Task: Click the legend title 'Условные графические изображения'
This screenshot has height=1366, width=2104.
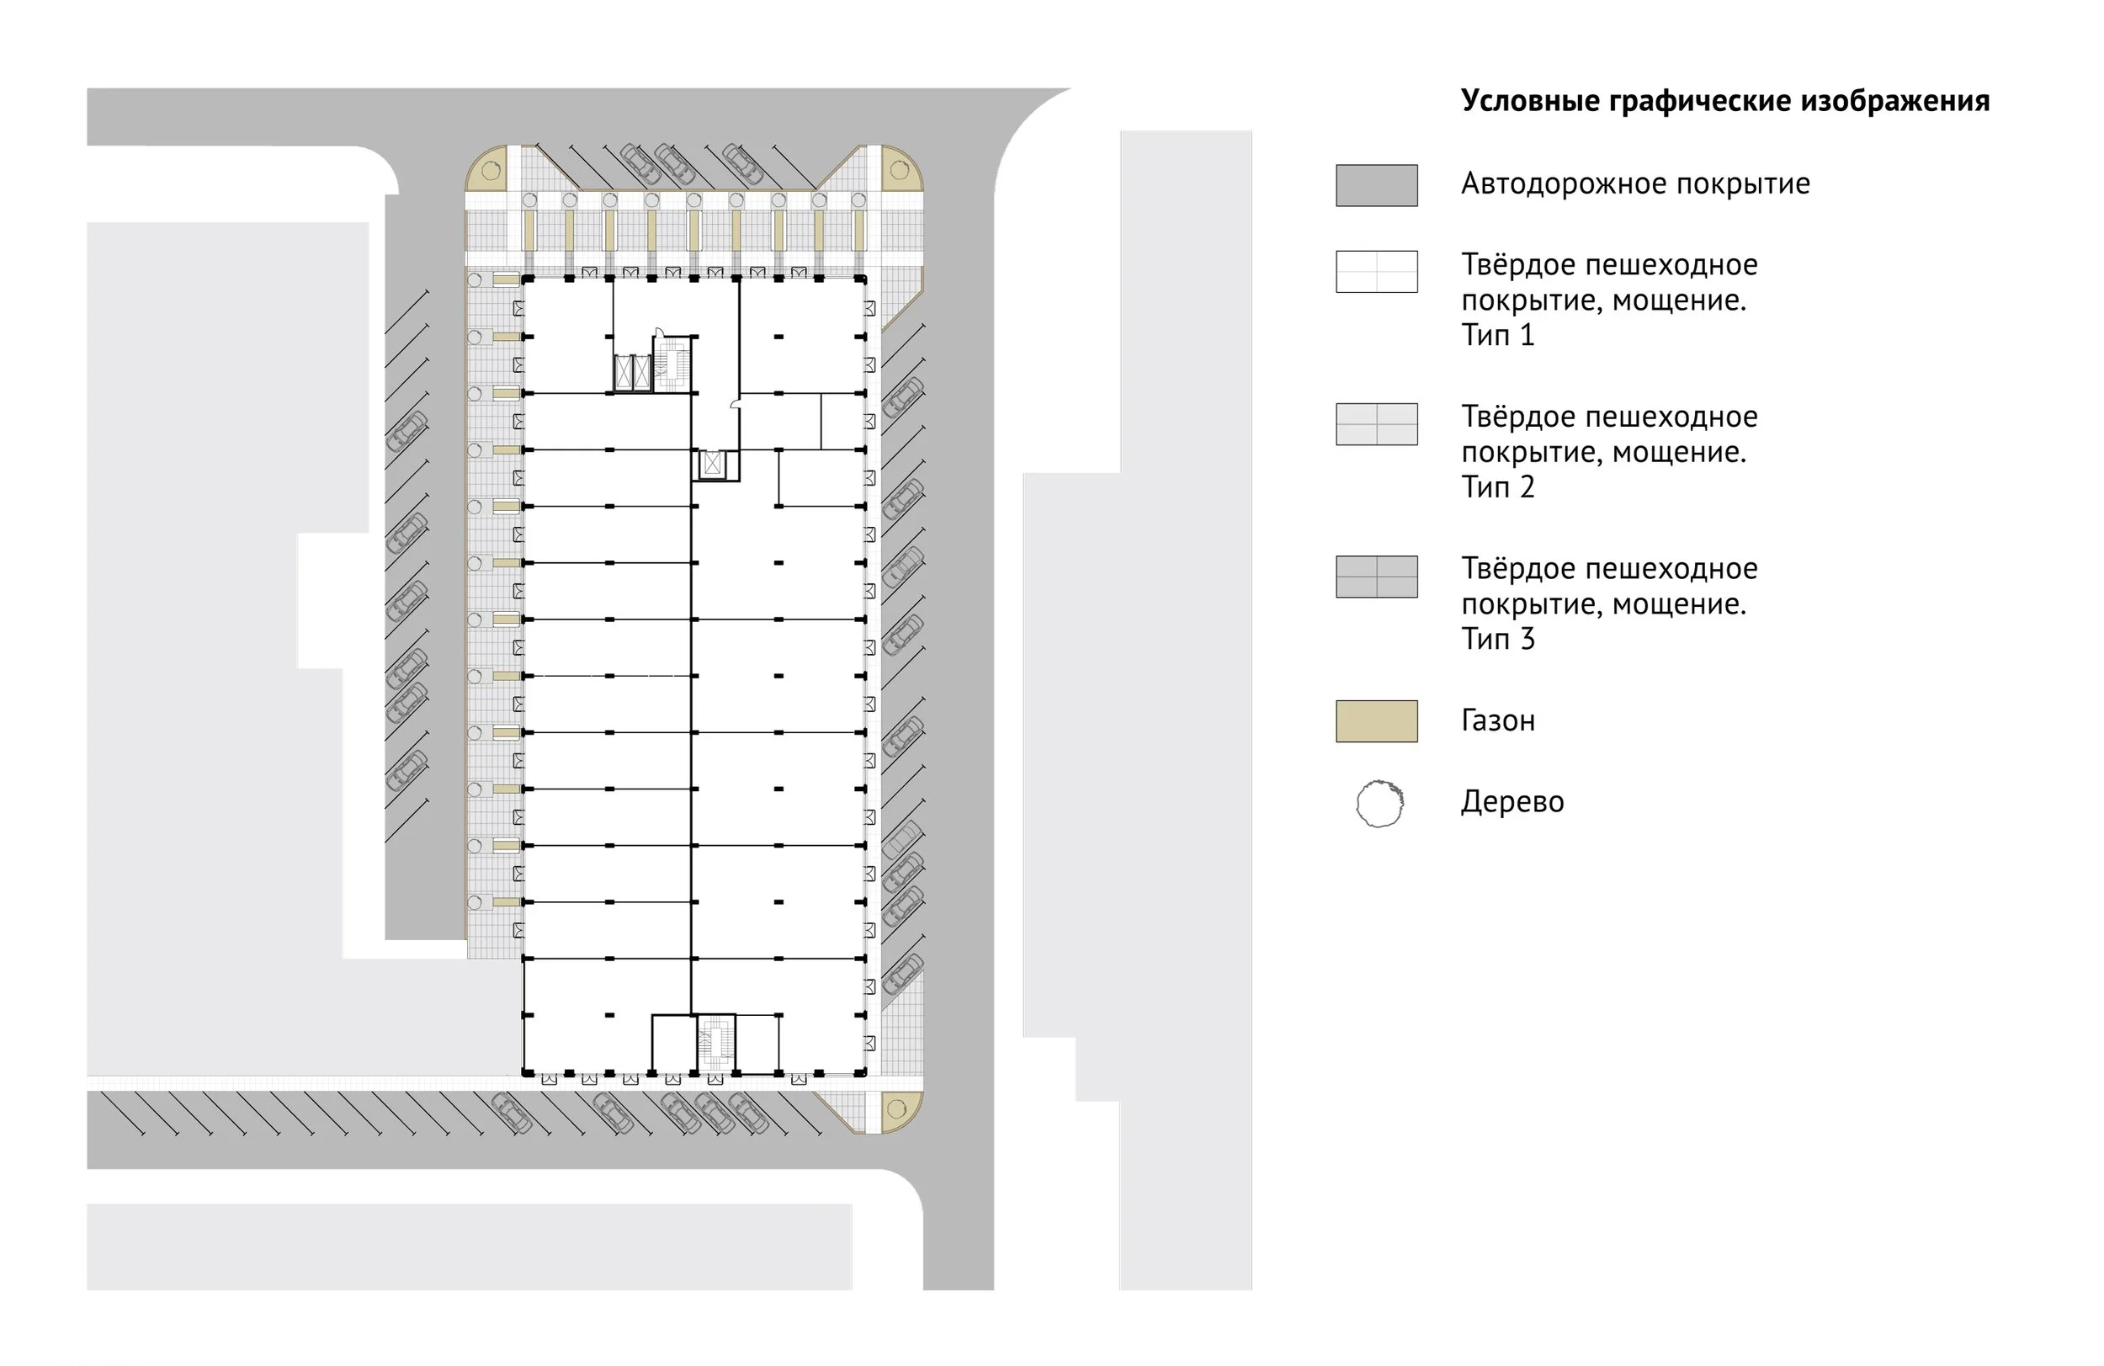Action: (1724, 101)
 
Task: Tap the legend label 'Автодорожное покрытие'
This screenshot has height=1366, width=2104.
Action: (1634, 184)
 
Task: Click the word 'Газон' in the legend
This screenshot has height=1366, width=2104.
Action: (1497, 720)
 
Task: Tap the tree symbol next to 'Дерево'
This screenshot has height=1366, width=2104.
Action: (1379, 803)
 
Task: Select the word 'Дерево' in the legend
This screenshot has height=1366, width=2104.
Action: (1512, 802)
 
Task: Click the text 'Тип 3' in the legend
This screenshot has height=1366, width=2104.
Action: (1497, 638)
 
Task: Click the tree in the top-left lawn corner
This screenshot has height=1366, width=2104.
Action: (491, 171)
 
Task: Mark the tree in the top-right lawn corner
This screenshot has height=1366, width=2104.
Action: (899, 171)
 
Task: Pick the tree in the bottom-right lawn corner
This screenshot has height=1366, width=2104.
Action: (895, 1108)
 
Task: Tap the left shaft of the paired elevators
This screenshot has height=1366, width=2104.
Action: (624, 372)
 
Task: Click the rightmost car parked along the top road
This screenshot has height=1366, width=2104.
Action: (741, 162)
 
